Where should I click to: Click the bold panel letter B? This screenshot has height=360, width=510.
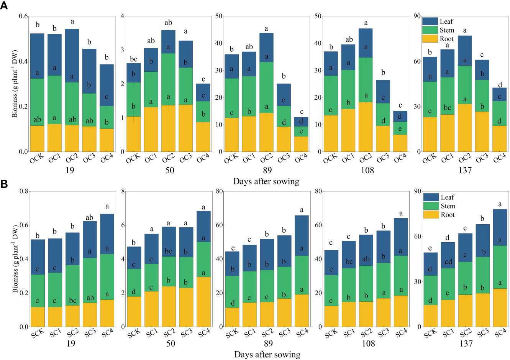[4, 184]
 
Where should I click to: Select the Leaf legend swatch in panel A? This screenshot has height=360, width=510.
[430, 21]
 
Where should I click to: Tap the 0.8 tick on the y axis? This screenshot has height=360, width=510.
[24, 191]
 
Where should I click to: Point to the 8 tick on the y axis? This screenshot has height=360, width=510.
[123, 191]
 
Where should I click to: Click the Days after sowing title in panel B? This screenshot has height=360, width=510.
[267, 355]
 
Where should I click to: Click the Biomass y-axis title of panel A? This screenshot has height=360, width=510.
[15, 84]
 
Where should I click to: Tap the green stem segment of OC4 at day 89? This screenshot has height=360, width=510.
[301, 131]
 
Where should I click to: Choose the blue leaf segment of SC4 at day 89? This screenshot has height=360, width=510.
[302, 235]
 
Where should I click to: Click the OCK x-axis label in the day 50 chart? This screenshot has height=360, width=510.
[134, 158]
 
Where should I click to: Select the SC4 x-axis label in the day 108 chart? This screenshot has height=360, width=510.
[402, 333]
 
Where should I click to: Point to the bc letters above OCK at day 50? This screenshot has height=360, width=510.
[133, 59]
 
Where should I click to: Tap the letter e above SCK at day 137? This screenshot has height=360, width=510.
[430, 248]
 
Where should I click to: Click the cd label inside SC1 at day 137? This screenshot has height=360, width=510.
[448, 262]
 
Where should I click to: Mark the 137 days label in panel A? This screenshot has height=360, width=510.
[465, 170]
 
